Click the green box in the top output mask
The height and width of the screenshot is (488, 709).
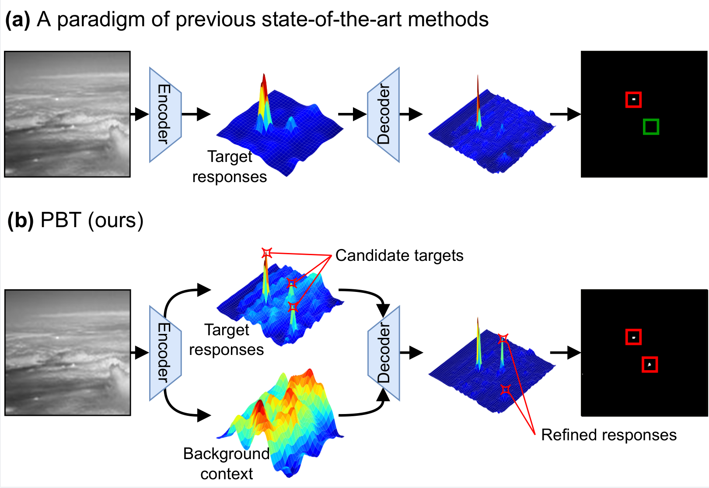(651, 126)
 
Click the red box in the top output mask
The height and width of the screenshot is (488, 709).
(633, 100)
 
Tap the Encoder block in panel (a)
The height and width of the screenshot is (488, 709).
(165, 115)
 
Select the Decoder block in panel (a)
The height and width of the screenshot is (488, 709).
(383, 115)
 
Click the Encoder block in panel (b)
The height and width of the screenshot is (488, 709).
(165, 353)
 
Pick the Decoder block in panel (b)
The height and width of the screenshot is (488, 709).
(383, 353)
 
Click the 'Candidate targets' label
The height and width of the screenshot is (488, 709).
(399, 256)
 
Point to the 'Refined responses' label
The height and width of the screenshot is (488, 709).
(608, 435)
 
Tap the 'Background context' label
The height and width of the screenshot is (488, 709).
(226, 463)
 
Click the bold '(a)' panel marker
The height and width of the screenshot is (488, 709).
(18, 20)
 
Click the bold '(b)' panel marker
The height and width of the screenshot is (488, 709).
(21, 220)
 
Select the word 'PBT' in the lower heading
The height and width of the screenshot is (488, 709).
(61, 220)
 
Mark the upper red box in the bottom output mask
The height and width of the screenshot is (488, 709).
(633, 337)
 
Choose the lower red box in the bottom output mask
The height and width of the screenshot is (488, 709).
(650, 365)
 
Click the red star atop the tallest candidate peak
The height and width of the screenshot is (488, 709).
(266, 253)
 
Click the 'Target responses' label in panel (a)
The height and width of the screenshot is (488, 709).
(229, 167)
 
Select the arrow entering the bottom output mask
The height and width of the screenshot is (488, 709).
(565, 352)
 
